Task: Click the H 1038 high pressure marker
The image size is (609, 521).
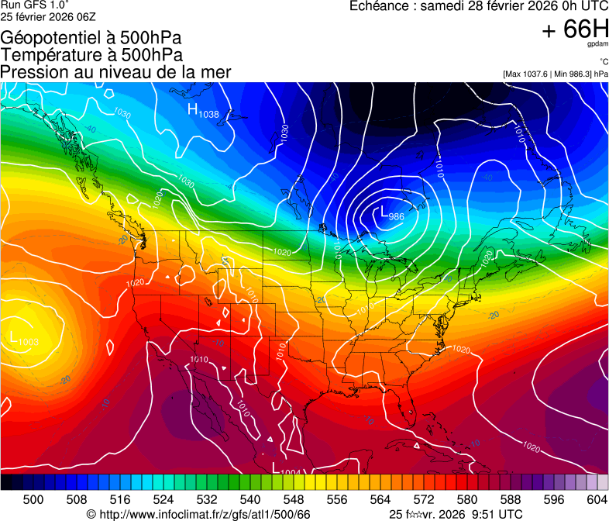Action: [x=203, y=111]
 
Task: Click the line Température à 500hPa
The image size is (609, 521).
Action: [x=91, y=55]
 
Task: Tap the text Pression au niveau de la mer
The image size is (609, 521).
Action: [x=115, y=72]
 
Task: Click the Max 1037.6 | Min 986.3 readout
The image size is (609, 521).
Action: [x=555, y=74]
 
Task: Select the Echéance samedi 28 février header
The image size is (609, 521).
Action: [x=479, y=6]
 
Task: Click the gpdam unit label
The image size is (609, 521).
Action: [x=598, y=44]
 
